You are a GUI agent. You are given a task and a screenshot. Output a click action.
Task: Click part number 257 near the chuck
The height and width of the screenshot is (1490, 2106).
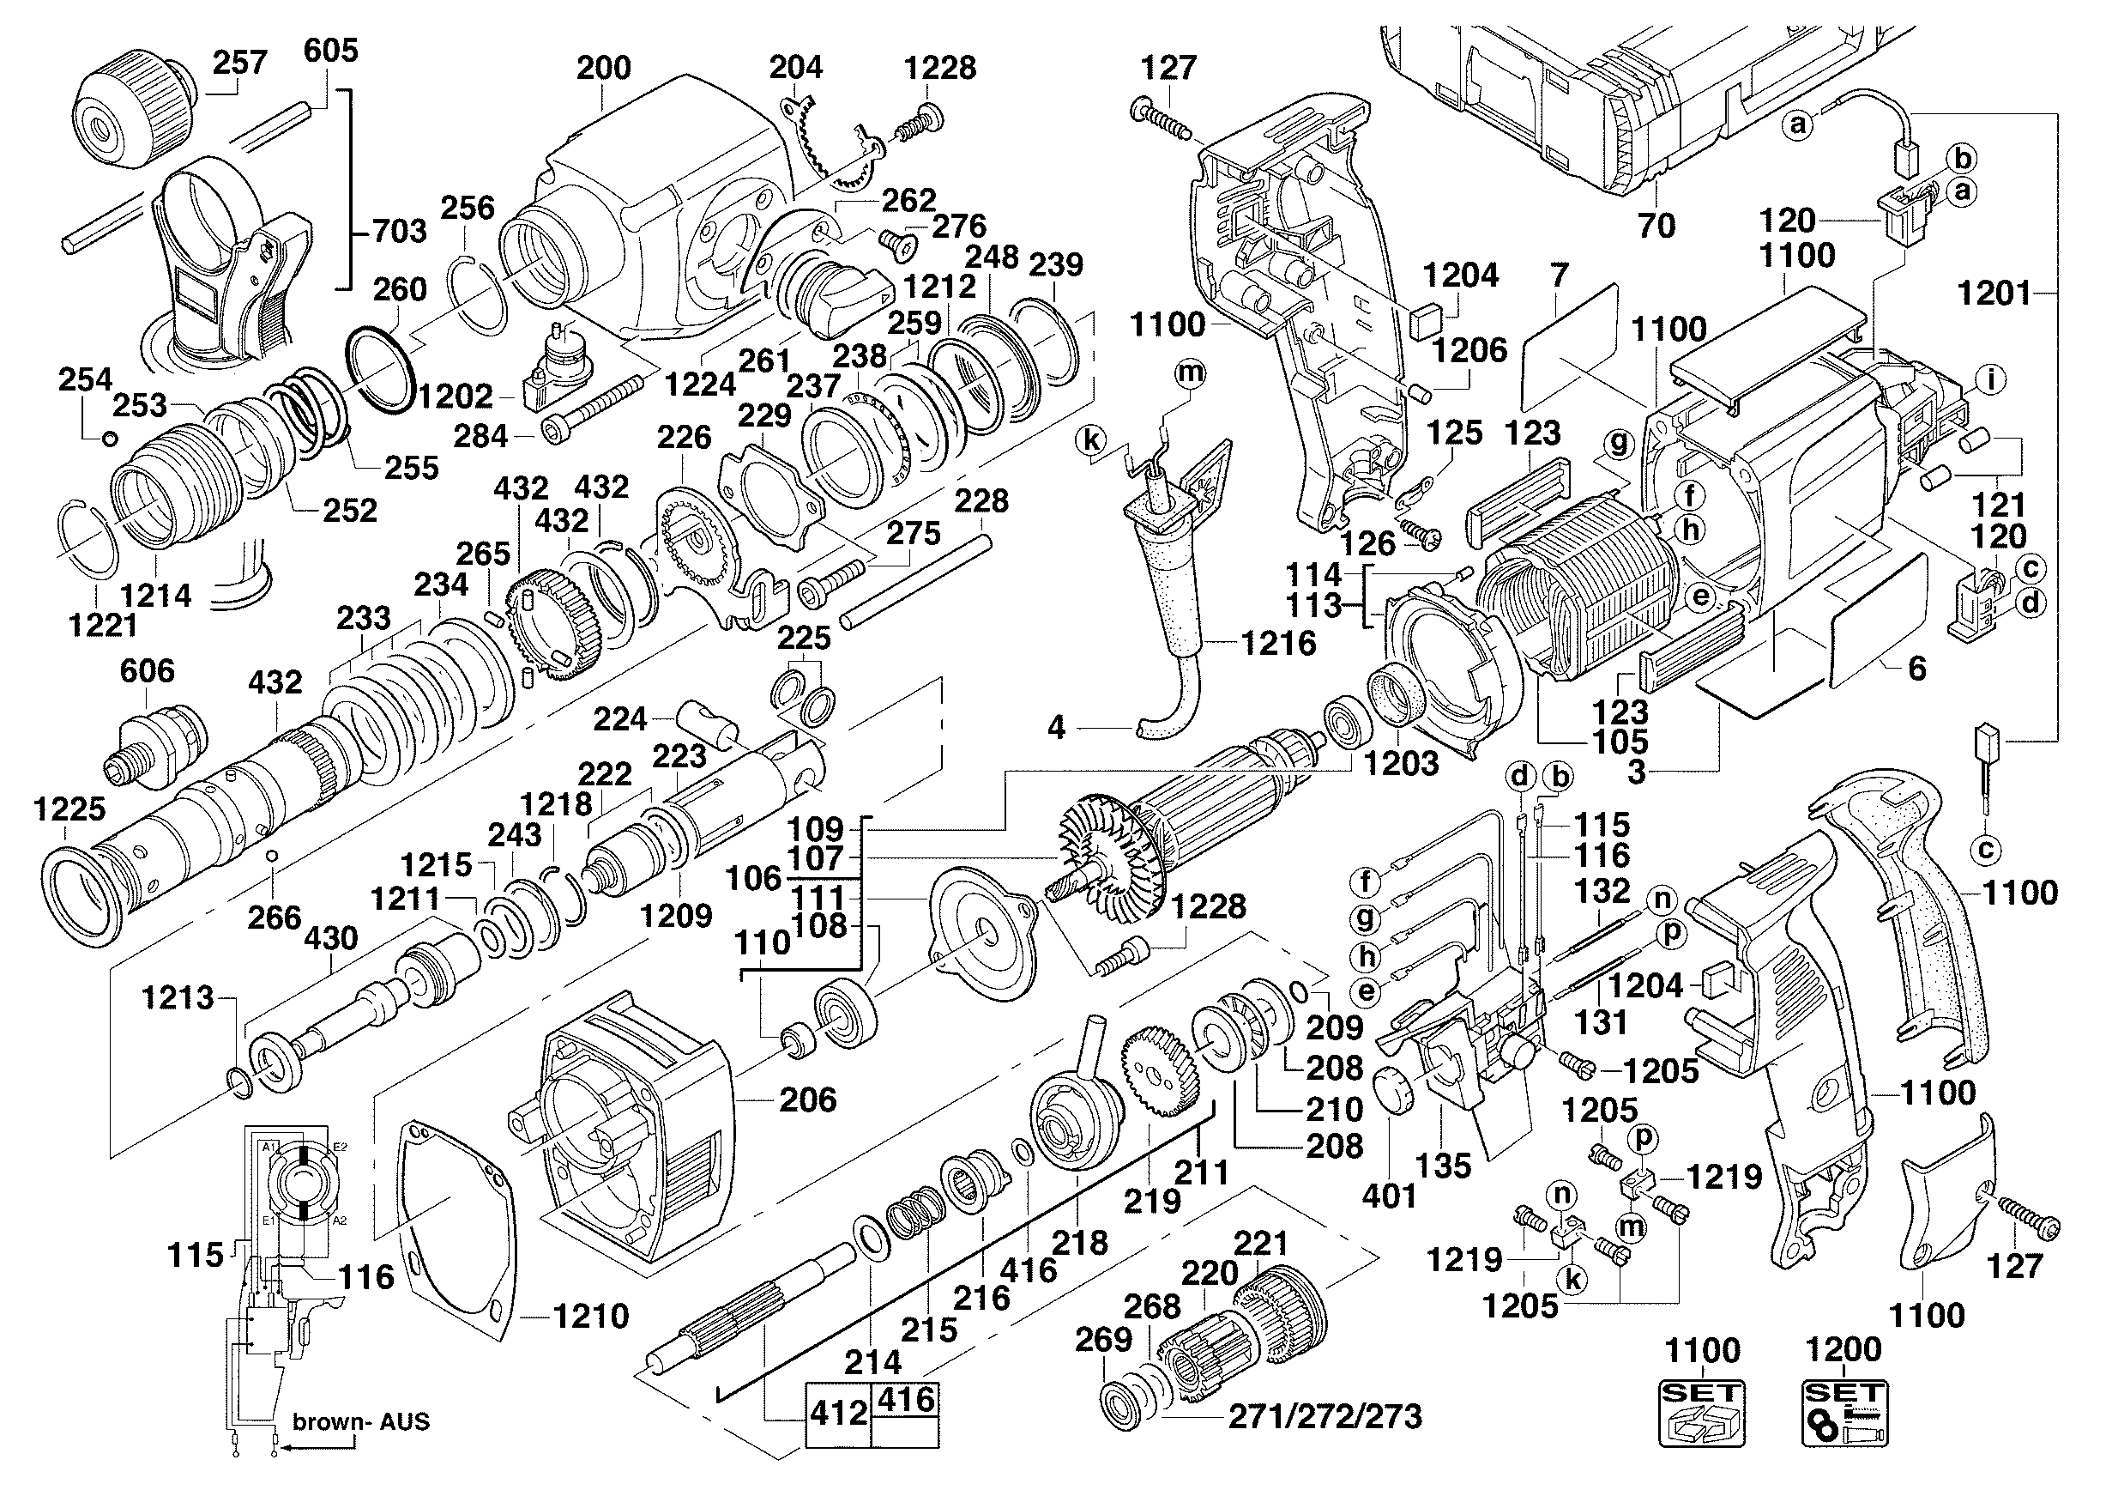239,64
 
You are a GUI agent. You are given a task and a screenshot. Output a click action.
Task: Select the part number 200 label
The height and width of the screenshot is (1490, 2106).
604,69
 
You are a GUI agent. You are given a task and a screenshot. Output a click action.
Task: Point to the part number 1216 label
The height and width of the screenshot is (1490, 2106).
1279,643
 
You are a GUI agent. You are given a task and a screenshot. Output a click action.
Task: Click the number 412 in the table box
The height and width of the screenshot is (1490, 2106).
838,1413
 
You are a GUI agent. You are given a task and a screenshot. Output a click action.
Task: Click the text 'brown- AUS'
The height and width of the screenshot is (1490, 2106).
360,1422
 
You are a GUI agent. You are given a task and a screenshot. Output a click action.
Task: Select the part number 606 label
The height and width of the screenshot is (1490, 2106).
147,670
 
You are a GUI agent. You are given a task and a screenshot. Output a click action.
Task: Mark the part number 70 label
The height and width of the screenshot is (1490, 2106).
1656,225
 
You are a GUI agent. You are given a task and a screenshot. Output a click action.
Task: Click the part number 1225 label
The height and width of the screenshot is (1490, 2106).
69,809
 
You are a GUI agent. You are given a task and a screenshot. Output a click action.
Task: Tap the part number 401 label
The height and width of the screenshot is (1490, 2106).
1389,1196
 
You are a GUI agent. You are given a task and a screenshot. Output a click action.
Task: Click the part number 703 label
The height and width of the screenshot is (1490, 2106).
399,231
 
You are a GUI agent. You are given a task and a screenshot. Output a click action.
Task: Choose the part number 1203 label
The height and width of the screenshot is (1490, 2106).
1402,763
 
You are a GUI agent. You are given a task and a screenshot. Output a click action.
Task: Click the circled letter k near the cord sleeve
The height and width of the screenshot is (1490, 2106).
1090,440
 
